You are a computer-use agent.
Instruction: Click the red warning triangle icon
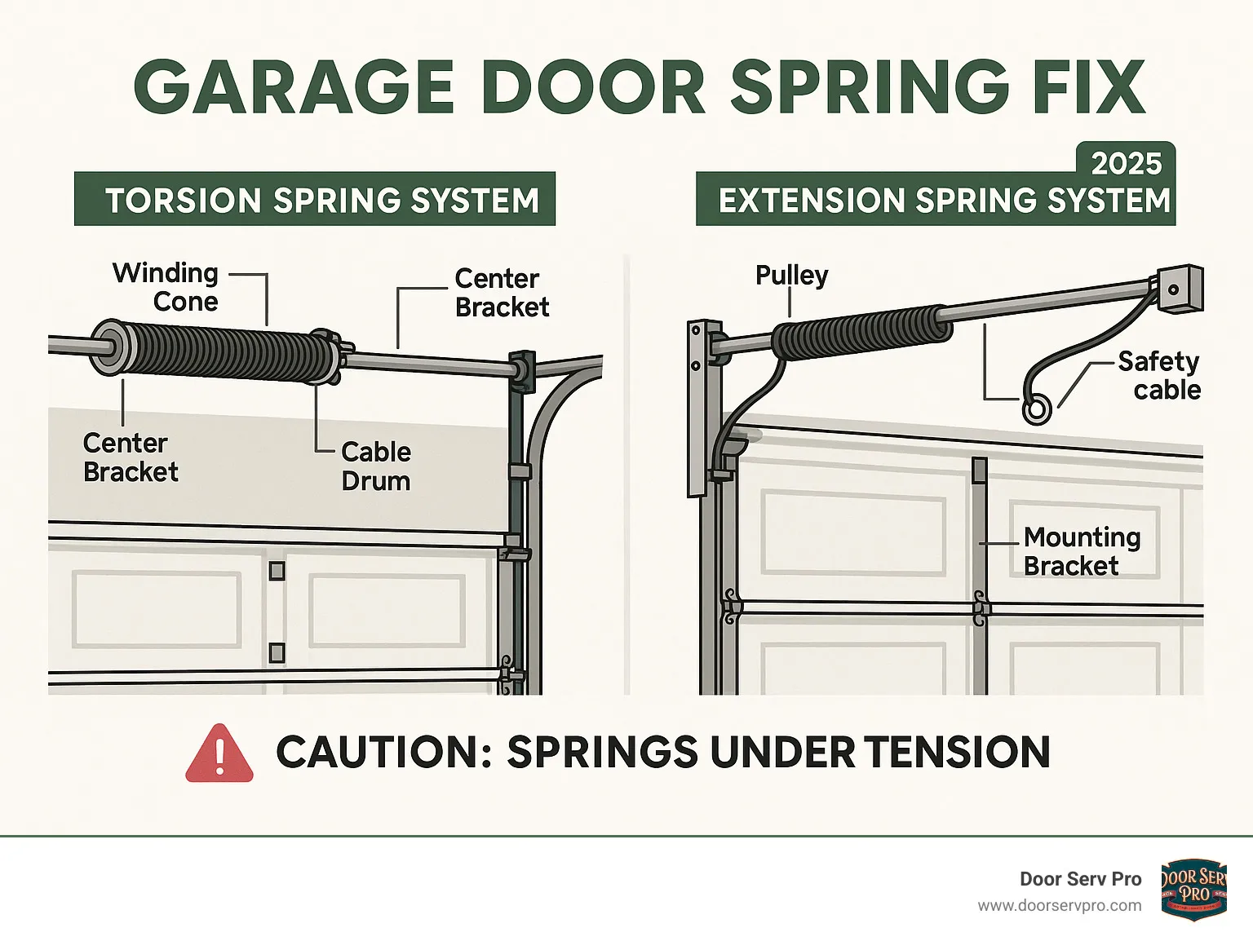point(219,753)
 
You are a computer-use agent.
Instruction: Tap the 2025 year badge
point(1126,163)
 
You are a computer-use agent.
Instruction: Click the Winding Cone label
point(166,287)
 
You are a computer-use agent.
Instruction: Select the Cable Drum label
point(375,466)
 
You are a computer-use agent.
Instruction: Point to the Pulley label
point(792,276)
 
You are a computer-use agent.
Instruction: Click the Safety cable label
point(1159,375)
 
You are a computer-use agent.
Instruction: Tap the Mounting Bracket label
point(1082,551)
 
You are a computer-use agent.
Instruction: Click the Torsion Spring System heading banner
point(315,199)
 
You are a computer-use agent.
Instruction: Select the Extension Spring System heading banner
point(936,199)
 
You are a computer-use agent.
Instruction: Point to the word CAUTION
point(383,752)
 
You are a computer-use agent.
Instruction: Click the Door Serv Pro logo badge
point(1193,889)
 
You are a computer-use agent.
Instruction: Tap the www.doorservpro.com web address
point(1060,906)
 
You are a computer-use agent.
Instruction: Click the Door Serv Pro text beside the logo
point(1081,879)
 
